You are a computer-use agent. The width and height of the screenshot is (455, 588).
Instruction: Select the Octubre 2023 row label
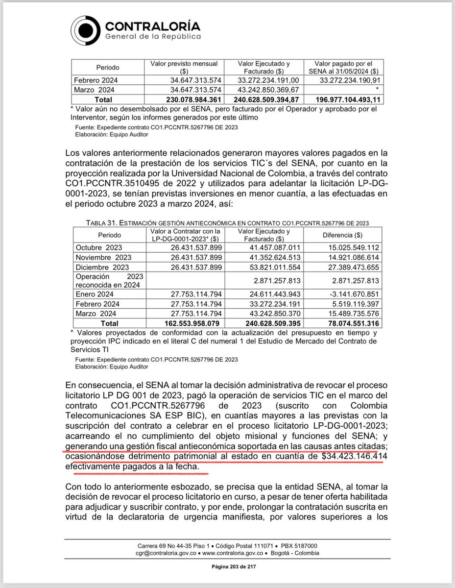point(98,247)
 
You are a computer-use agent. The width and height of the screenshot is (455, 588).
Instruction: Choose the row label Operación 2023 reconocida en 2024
point(107,281)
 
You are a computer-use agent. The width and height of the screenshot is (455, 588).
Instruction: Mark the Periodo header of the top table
point(107,67)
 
